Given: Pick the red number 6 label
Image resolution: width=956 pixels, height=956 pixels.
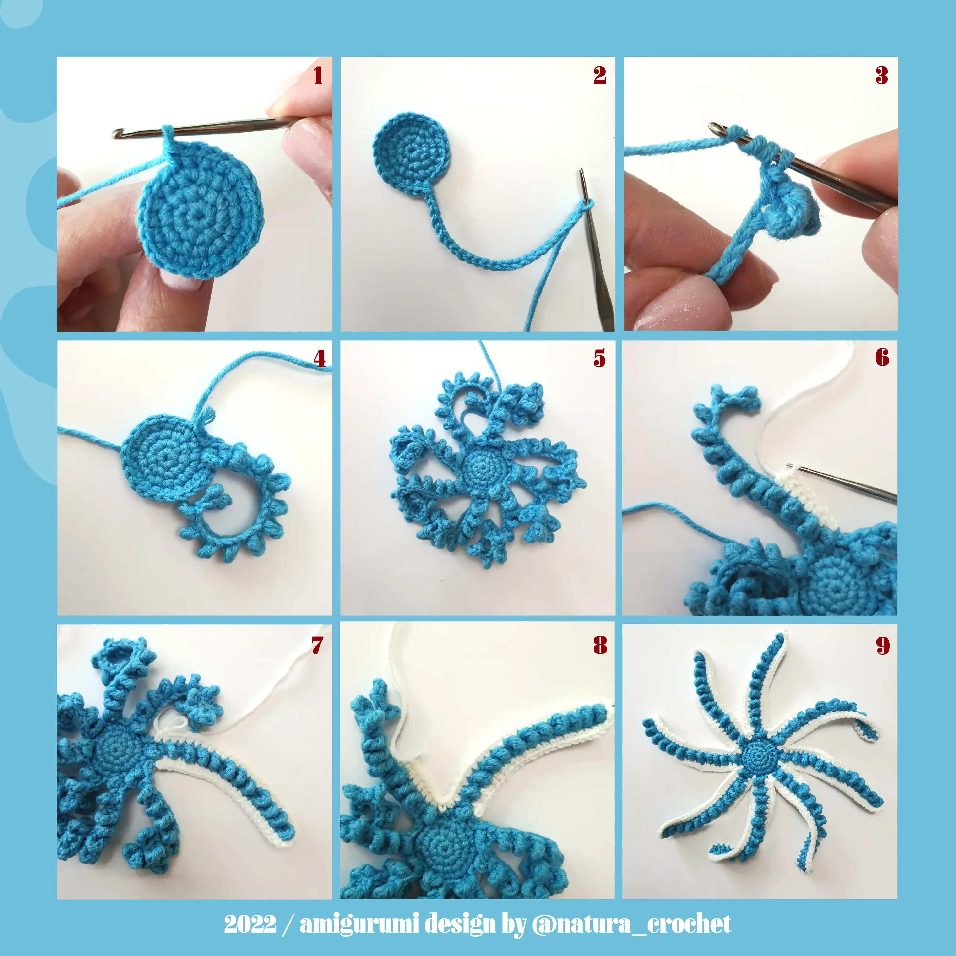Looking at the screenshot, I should (x=882, y=357).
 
